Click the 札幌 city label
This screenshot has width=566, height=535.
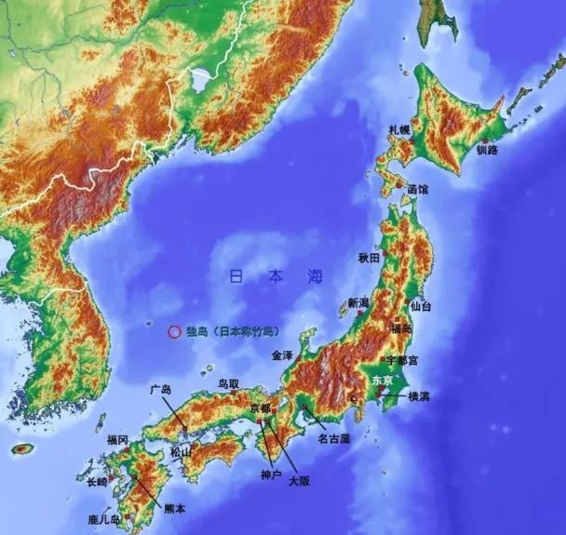tap(399, 130)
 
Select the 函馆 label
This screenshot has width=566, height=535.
tap(417, 189)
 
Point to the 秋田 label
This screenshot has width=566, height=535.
tap(369, 257)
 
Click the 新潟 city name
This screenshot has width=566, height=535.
tap(359, 302)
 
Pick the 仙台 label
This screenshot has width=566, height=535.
tap(421, 305)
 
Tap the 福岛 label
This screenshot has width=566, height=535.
tap(401, 328)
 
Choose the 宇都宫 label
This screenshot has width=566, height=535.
tap(401, 359)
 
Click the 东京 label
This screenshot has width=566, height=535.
tap(383, 380)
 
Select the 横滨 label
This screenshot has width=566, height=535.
tap(419, 395)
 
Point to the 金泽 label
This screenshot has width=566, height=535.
tap(282, 355)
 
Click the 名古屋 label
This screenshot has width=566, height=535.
tap(333, 437)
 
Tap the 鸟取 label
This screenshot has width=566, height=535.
tap(229, 383)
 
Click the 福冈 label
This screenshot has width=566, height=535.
tap(117, 439)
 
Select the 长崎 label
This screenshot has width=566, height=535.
tap(97, 481)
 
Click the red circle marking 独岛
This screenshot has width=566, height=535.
tap(173, 330)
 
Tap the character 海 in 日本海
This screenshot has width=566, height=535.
tap(315, 276)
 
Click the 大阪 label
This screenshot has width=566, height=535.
tap(299, 481)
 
